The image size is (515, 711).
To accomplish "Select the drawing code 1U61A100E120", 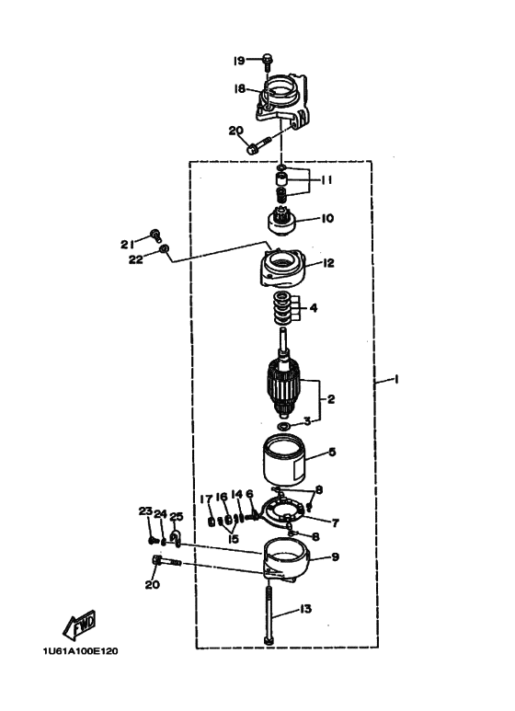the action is coord(80,651).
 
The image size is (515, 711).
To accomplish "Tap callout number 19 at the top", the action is coord(239,61).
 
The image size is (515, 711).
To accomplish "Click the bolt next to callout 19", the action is coord(268,63).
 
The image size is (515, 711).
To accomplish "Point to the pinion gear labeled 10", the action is coord(281,222).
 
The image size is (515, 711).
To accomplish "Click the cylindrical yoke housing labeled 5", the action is coord(285,460).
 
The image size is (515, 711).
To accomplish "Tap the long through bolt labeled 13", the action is coord(269,614).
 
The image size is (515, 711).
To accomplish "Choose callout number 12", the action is coord(327,263).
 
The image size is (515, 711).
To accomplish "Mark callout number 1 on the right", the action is coord(395,379).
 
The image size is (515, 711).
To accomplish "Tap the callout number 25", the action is coord(176,517).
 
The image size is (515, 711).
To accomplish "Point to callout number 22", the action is coord(135,259).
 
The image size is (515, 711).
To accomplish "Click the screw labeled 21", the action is coord(156,235).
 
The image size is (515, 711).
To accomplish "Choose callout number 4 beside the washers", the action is coord(314,308).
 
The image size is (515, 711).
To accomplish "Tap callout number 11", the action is coord(326,180).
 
